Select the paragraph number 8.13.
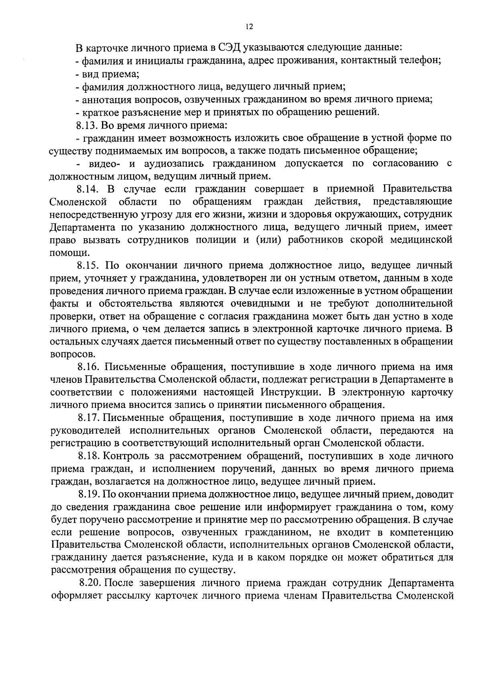pos(87,125)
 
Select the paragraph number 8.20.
pos(90,583)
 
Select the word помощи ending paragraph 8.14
pos(68,253)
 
